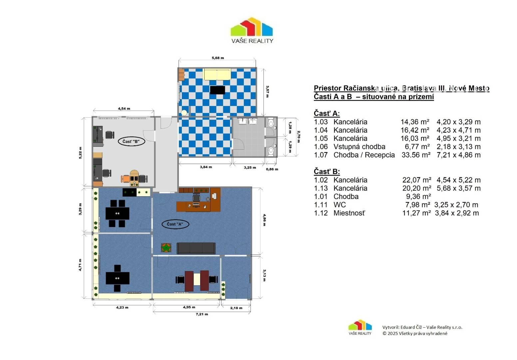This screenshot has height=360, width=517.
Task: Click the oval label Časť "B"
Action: coord(132,142)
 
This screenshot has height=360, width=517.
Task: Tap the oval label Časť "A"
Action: coord(175,224)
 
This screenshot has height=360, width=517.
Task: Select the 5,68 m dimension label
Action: coord(218,58)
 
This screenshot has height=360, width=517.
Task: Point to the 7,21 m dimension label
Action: coord(202,314)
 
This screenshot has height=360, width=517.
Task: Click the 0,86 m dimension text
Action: coord(272,169)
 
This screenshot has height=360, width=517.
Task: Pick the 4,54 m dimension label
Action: coord(124,109)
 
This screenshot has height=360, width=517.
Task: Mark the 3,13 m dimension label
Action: coord(264,275)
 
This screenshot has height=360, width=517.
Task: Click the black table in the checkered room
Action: coord(218,90)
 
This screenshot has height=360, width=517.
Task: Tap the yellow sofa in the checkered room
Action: coord(217,74)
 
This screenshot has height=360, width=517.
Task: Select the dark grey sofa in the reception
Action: coord(196,248)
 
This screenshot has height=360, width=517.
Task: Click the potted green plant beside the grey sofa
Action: coord(166,248)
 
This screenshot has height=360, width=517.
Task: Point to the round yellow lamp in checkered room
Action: coord(184,113)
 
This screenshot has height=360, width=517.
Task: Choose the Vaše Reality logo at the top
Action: coord(252,30)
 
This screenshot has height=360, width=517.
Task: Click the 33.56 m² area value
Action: coord(416,155)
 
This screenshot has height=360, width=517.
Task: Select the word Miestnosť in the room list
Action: coord(349,213)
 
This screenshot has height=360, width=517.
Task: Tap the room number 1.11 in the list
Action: coord(320,205)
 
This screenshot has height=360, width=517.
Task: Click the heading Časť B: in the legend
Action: coord(326,172)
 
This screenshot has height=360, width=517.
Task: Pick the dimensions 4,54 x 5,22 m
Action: coord(459,180)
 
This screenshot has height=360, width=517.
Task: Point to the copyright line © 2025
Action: coord(415,333)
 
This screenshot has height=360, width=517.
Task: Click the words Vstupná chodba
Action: coord(359,147)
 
